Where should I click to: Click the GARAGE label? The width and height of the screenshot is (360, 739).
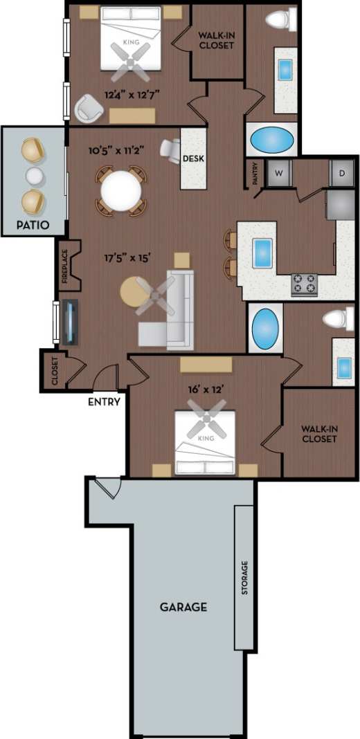pos(183,608)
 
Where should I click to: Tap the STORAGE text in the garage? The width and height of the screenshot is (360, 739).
pos(244,578)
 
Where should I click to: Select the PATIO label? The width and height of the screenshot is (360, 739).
pos(33,225)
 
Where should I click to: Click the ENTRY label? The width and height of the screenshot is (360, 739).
pos(105,401)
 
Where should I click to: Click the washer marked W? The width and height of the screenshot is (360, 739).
pos(280,172)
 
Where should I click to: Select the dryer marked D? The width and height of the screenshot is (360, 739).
pos(341,172)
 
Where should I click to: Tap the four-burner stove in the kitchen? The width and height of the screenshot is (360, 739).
pos(304,284)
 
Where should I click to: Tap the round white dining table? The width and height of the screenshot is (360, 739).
pos(121,190)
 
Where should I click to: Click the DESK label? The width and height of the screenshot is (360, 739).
pos(193,158)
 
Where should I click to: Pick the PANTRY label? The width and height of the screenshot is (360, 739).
pos(255,174)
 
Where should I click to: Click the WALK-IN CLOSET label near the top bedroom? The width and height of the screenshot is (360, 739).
pos(216,40)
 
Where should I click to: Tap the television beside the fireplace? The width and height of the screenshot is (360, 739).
pos(69,322)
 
